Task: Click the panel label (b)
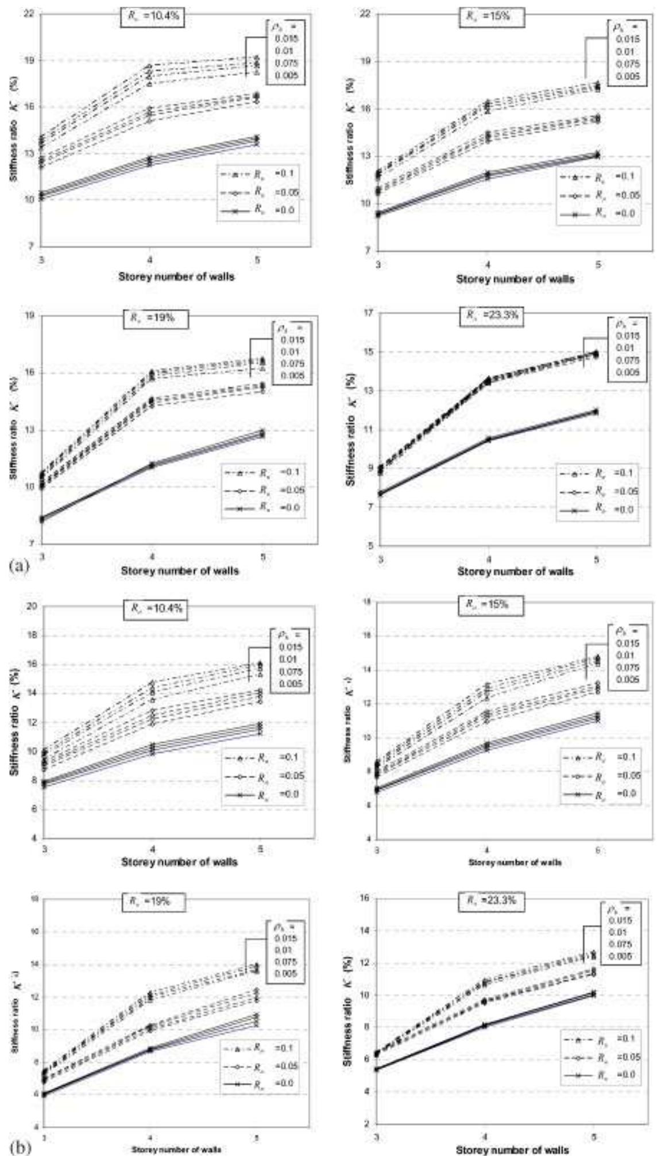(x=18, y=1147)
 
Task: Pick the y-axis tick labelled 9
(x=369, y=469)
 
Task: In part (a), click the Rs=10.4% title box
(x=152, y=17)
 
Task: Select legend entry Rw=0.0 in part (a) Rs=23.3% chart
(x=598, y=509)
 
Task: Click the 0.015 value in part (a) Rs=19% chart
(x=292, y=340)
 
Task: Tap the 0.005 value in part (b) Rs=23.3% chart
(x=621, y=956)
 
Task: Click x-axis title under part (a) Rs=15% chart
(x=515, y=279)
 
